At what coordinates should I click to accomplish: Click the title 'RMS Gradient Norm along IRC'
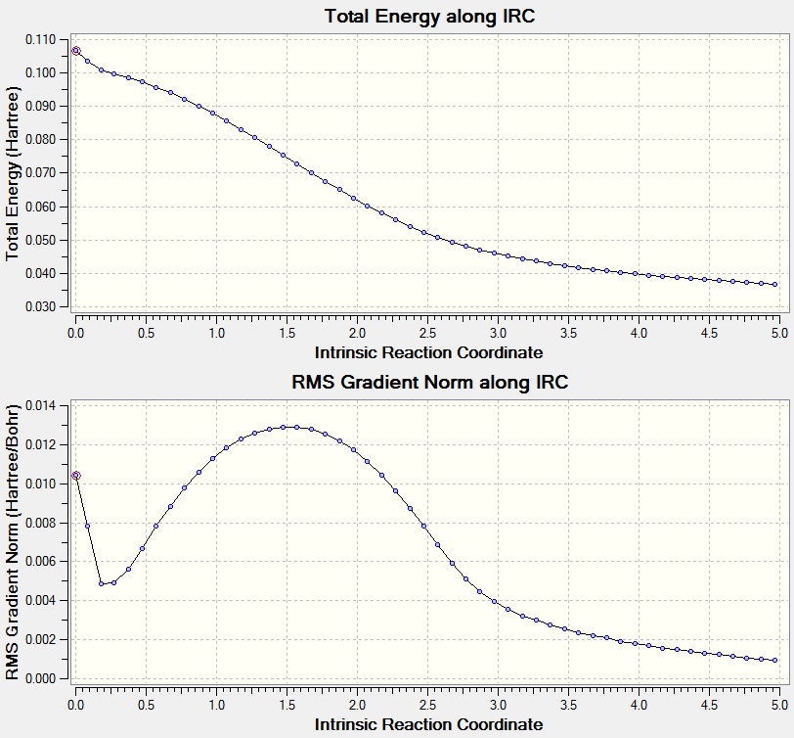tap(429, 383)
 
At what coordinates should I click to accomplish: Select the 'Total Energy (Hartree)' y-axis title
tap(14, 172)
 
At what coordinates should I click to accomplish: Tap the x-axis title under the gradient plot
tap(429, 724)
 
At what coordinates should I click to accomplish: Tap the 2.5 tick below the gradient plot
tap(427, 704)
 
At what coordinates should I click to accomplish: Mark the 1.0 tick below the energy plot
tap(216, 334)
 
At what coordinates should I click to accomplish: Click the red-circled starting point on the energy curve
tap(75, 51)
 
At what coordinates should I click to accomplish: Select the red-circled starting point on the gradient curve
tap(75, 476)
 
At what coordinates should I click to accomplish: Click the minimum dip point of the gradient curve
tap(101, 584)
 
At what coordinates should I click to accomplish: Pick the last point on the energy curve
tap(774, 285)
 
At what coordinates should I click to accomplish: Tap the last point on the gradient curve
tap(774, 660)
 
